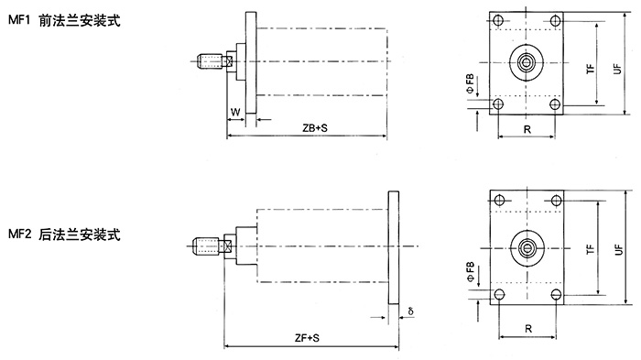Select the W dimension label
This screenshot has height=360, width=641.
pyautogui.click(x=235, y=112)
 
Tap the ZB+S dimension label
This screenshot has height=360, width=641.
pyautogui.click(x=315, y=128)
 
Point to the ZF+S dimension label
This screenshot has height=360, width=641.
pyautogui.click(x=307, y=338)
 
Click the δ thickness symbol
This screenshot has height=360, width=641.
pyautogui.click(x=410, y=311)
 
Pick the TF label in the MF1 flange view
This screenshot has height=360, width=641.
pyautogui.click(x=591, y=69)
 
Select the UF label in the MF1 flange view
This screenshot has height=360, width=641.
pyautogui.click(x=617, y=69)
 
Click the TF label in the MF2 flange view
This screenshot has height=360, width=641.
pyautogui.click(x=591, y=249)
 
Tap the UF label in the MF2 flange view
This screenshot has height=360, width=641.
pyautogui.click(x=619, y=249)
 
